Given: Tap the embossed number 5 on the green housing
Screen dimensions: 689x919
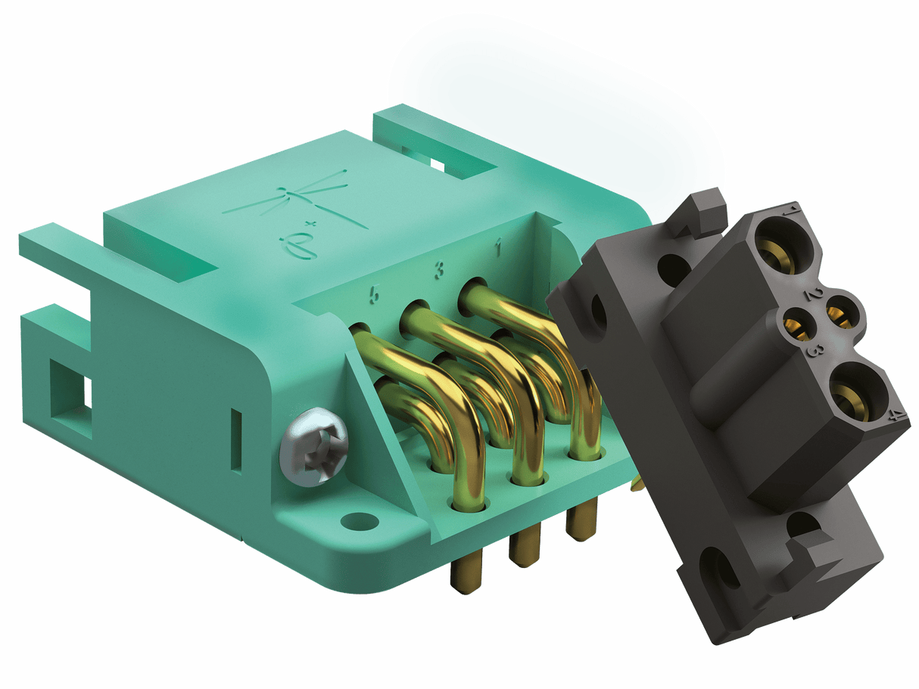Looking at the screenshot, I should pyautogui.click(x=372, y=295).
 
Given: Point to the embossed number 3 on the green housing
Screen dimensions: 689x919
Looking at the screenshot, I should pyautogui.click(x=438, y=269).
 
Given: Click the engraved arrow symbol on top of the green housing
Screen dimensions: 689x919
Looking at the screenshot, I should pyautogui.click(x=318, y=199).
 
